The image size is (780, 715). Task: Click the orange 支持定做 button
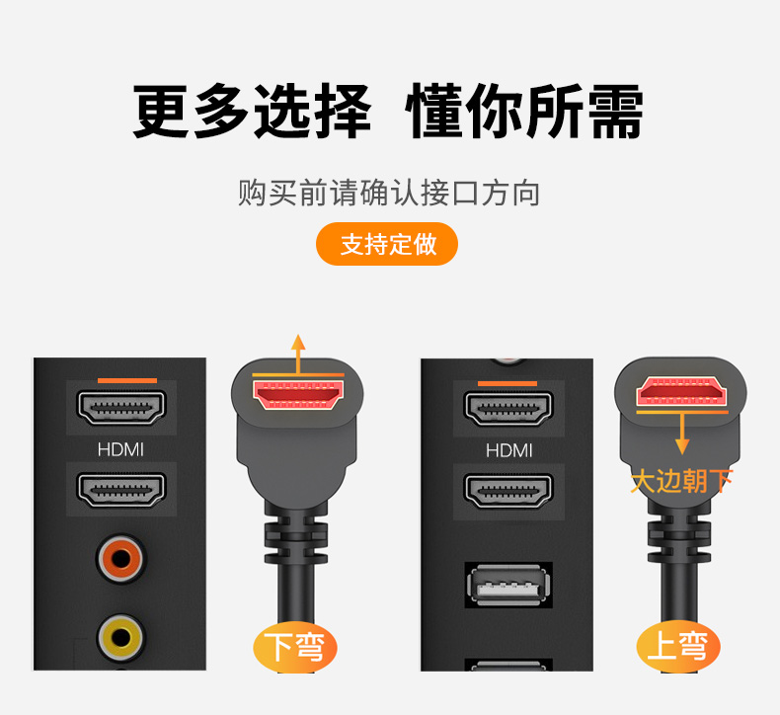[386, 244]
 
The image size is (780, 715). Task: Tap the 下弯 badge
[295, 647]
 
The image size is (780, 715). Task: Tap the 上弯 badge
[678, 646]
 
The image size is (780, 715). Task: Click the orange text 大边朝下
[681, 481]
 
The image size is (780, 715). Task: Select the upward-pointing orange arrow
[298, 354]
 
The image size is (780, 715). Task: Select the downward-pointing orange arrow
[682, 434]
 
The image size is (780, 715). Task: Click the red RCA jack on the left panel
[120, 559]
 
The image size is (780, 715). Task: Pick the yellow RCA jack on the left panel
[120, 637]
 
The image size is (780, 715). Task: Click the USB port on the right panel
[508, 585]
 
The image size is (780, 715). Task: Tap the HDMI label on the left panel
[120, 449]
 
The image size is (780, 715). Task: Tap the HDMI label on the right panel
[508, 450]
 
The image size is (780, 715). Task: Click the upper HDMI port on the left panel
[120, 408]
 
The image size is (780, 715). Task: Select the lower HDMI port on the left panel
[120, 490]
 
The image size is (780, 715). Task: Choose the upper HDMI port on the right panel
[507, 409]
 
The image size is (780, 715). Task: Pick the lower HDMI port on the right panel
[507, 491]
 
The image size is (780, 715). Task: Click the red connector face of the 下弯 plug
[298, 395]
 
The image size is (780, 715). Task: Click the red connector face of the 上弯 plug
[681, 391]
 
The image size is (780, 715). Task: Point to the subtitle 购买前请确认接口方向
[388, 193]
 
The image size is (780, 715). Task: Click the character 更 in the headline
[161, 111]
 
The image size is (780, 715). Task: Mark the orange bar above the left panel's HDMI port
[127, 380]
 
